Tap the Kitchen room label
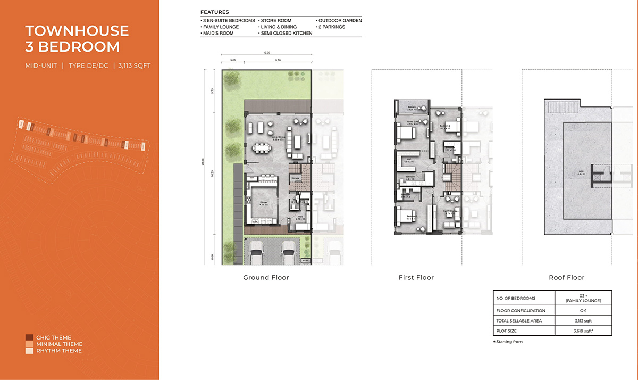pos(248,201)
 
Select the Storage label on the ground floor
pos(296,178)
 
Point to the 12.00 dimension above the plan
pos(266,53)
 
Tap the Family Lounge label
pos(452,212)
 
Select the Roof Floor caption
pos(566,278)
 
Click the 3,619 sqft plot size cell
pos(583,331)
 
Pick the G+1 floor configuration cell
pos(583,310)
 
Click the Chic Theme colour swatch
pos(29,338)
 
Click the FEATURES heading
pos(215,12)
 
